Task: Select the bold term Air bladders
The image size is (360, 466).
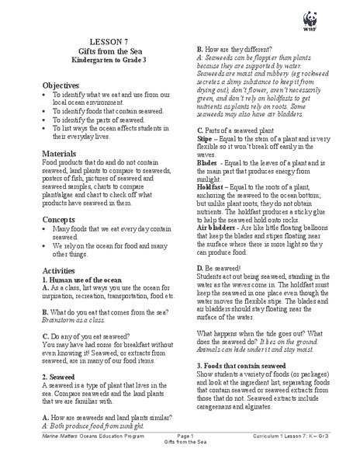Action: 219,228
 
